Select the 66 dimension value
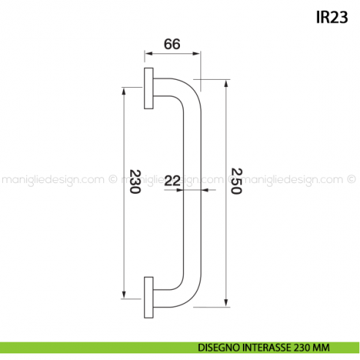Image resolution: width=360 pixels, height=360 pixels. click(x=171, y=44)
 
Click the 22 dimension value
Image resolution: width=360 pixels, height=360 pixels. click(x=173, y=180)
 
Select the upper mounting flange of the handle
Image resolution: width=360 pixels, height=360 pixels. click(x=149, y=89)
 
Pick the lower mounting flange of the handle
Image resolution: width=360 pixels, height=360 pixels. click(x=149, y=297)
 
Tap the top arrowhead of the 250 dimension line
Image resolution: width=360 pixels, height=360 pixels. click(x=225, y=83)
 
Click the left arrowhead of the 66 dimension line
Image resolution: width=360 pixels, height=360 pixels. click(x=147, y=54)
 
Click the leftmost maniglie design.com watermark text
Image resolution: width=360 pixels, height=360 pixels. click(x=51, y=180)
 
